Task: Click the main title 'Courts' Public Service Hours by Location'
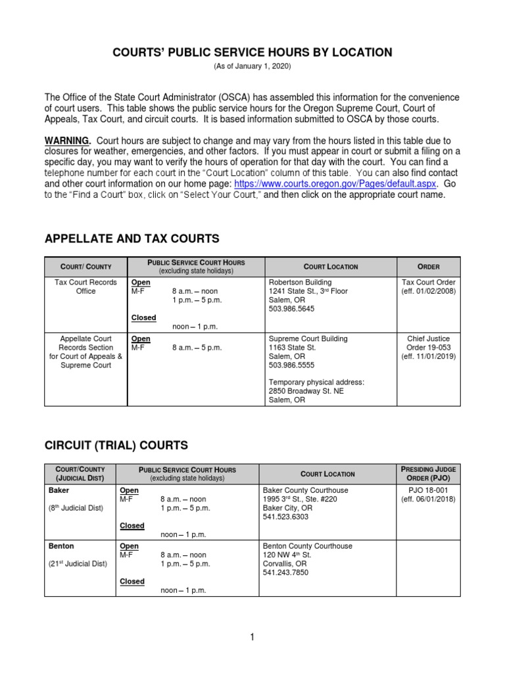pyautogui.click(x=252, y=53)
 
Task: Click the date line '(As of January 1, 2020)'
pyautogui.click(x=252, y=67)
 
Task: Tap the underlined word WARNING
pyautogui.click(x=66, y=141)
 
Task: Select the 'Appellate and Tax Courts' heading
pyautogui.click(x=132, y=239)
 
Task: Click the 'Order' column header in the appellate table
pyautogui.click(x=429, y=267)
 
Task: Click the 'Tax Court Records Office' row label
pyautogui.click(x=85, y=287)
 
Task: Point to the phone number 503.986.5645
pyautogui.click(x=291, y=308)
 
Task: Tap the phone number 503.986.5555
pyautogui.click(x=291, y=365)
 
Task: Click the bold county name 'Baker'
pyautogui.click(x=59, y=490)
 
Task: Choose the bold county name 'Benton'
pyautogui.click(x=60, y=546)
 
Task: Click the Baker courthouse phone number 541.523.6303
pyautogui.click(x=285, y=517)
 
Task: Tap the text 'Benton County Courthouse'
pyautogui.click(x=307, y=546)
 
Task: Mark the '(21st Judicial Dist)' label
pyautogui.click(x=76, y=564)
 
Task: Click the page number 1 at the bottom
pyautogui.click(x=252, y=637)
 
